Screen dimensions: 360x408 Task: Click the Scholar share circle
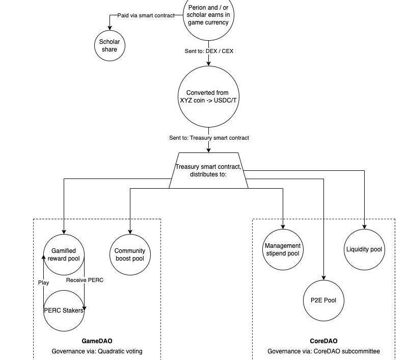[110, 45]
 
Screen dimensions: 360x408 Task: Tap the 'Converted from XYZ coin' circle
[208, 96]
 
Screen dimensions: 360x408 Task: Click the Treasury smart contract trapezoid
[208, 170]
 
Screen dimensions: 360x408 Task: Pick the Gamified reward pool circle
[64, 254]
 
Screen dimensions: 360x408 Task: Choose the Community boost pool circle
[130, 254]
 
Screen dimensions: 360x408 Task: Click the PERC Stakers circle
[64, 310]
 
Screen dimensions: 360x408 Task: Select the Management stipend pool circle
[283, 249]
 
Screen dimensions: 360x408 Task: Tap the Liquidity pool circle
[364, 249]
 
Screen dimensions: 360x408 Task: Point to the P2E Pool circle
[323, 300]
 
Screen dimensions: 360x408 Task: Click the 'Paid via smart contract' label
[146, 15]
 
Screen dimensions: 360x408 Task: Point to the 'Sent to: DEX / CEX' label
[209, 51]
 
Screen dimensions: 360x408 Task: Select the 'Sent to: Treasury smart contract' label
[209, 138]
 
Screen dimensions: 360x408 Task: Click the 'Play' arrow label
[44, 282]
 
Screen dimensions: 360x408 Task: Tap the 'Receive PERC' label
[85, 280]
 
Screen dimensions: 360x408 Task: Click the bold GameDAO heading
[97, 341]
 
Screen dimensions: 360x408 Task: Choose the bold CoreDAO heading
[323, 341]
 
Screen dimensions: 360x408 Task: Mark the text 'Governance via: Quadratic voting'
[97, 351]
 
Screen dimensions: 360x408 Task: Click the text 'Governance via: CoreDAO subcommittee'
[323, 351]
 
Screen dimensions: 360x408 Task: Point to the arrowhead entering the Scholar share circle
[110, 28]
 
